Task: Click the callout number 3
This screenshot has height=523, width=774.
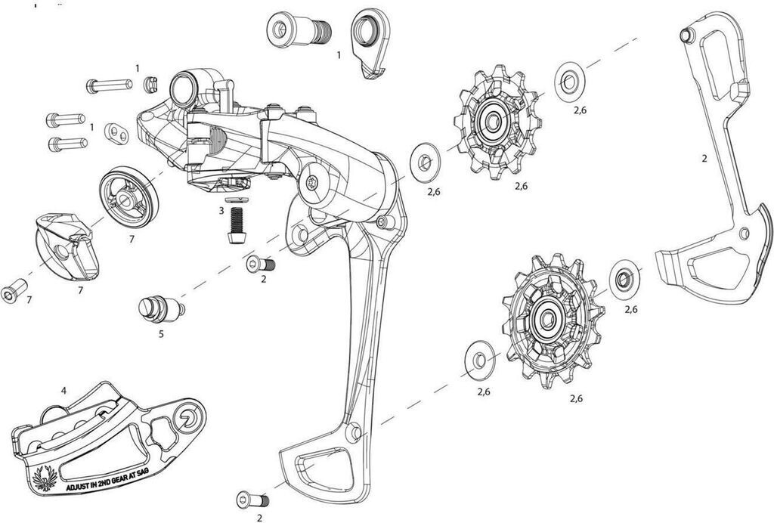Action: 221,211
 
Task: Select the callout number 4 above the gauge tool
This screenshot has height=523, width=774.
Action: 64,391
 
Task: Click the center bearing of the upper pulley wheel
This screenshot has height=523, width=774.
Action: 492,120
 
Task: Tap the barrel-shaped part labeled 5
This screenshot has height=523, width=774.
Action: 160,308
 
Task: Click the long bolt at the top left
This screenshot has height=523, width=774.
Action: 109,85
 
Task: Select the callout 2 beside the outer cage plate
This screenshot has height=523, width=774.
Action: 704,159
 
